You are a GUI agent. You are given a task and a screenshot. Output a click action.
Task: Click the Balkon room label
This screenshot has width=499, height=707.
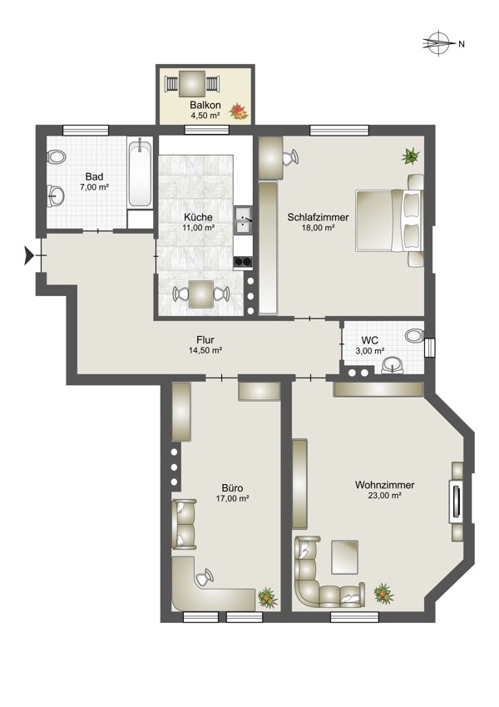[x=205, y=105]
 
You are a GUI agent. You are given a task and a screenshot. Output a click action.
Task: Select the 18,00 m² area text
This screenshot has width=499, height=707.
[x=318, y=228]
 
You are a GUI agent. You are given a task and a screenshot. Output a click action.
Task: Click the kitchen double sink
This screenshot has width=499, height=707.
[x=243, y=221]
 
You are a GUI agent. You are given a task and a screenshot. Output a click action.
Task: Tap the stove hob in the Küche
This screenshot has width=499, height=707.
[x=243, y=261]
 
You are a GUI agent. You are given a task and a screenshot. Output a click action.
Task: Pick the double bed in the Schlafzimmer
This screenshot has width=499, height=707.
[x=389, y=220]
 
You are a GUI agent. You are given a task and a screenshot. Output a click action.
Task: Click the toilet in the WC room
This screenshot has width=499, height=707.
[x=414, y=335]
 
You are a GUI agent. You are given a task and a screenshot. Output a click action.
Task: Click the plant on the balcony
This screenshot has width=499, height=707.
[x=239, y=111]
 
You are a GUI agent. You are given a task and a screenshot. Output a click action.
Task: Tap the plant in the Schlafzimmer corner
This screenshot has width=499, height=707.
[x=411, y=156]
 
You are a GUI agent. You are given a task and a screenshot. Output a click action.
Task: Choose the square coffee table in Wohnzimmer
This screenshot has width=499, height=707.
[x=345, y=556]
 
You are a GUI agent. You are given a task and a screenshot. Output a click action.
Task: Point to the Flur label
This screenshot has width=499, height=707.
[x=205, y=339]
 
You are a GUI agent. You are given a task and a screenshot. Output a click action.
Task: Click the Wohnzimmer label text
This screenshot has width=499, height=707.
[x=384, y=485]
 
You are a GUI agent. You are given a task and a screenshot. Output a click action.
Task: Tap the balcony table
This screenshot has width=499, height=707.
[x=192, y=83]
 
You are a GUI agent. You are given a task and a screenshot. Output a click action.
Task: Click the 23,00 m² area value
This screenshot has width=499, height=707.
[x=384, y=496]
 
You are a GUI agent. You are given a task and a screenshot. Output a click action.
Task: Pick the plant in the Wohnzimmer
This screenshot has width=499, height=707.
[x=383, y=593]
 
